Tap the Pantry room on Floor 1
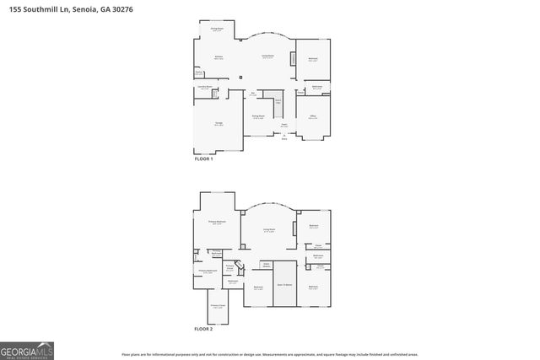[199, 73]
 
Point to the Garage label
[219, 124]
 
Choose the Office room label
[312, 117]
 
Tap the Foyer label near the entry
[284, 126]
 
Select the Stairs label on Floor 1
[278, 100]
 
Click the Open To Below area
[284, 286]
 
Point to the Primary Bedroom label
[218, 223]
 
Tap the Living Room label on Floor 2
[269, 230]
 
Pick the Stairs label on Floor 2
[267, 265]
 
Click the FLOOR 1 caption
[203, 159]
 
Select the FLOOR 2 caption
[203, 328]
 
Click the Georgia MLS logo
[27, 350]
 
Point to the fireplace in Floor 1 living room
[293, 59]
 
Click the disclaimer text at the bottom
[269, 356]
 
